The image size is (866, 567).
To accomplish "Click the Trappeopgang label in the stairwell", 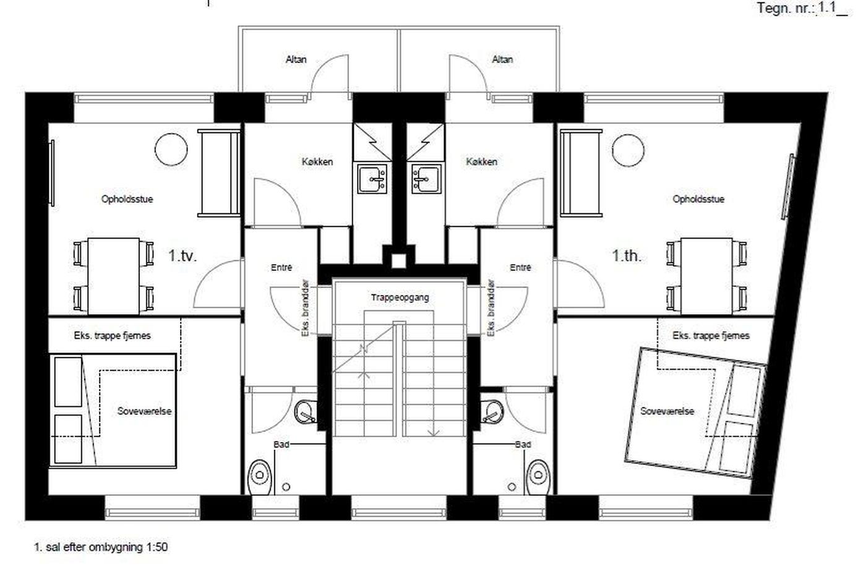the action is click(400, 297).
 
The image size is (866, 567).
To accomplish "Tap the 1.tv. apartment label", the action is click(182, 255).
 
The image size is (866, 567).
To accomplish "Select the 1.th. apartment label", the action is click(627, 255).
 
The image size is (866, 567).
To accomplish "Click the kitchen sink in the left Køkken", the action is click(372, 179).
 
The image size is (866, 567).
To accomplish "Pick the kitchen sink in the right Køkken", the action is click(426, 179).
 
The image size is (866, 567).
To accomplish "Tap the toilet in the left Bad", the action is click(260, 477).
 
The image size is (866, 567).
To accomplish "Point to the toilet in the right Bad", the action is click(539, 477).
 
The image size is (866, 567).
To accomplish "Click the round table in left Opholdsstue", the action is click(171, 149).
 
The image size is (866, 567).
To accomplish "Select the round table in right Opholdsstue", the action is click(628, 150).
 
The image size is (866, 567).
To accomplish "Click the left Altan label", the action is click(296, 59).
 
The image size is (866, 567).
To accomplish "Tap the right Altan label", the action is click(502, 59).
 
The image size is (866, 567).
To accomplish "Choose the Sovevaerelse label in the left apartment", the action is click(144, 411).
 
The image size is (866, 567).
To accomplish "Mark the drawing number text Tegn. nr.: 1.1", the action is click(802, 9).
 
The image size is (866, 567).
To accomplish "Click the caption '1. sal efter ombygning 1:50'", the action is click(101, 547).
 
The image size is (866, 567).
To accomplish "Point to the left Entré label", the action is click(281, 268).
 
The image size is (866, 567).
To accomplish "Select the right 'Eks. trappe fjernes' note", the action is click(711, 336).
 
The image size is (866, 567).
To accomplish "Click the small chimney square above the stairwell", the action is click(399, 260).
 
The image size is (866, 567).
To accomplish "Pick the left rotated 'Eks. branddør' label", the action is click(306, 308).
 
